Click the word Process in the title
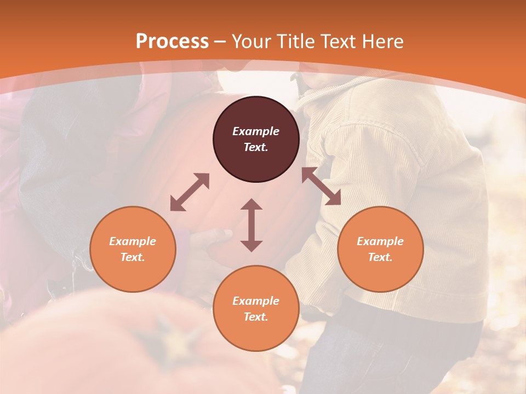[172, 42]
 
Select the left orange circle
[133, 249]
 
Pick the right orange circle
[380, 249]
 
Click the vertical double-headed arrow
[251, 225]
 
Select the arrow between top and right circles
[321, 186]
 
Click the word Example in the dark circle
[256, 131]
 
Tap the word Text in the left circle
[133, 257]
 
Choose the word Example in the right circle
[380, 241]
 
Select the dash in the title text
[220, 42]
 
